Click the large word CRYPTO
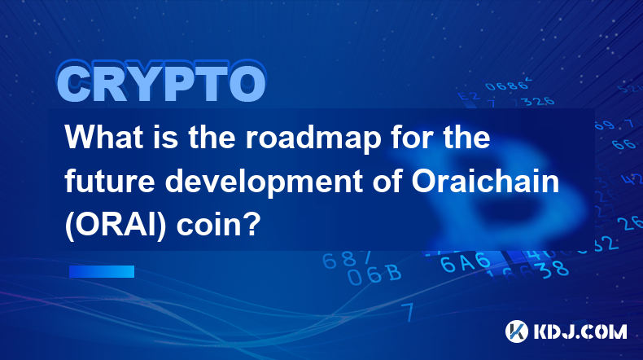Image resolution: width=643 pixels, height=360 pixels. coord(162,82)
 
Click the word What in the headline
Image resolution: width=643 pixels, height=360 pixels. coord(104,137)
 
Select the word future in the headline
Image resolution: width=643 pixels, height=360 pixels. coord(110,182)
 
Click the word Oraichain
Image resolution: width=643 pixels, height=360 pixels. coord(486,181)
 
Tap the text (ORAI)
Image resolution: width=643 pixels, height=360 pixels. coord(116,226)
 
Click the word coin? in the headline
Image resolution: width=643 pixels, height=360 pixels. coord(219,226)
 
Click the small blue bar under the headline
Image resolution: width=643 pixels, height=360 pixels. coord(102,271)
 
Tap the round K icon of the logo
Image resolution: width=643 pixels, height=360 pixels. coord(517,331)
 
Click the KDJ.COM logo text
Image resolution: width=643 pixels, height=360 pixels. coord(580,331)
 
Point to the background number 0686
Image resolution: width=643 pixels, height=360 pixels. coord(508,85)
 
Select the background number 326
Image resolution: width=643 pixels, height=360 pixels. coord(539,101)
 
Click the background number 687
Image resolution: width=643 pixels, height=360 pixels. coord(347,260)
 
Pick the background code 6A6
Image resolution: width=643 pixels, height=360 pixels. coord(465,262)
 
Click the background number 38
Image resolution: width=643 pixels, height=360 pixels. coord(554,269)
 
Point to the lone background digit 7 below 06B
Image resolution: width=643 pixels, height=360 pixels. coord(408,312)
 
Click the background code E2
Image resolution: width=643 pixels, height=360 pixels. coord(468,96)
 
